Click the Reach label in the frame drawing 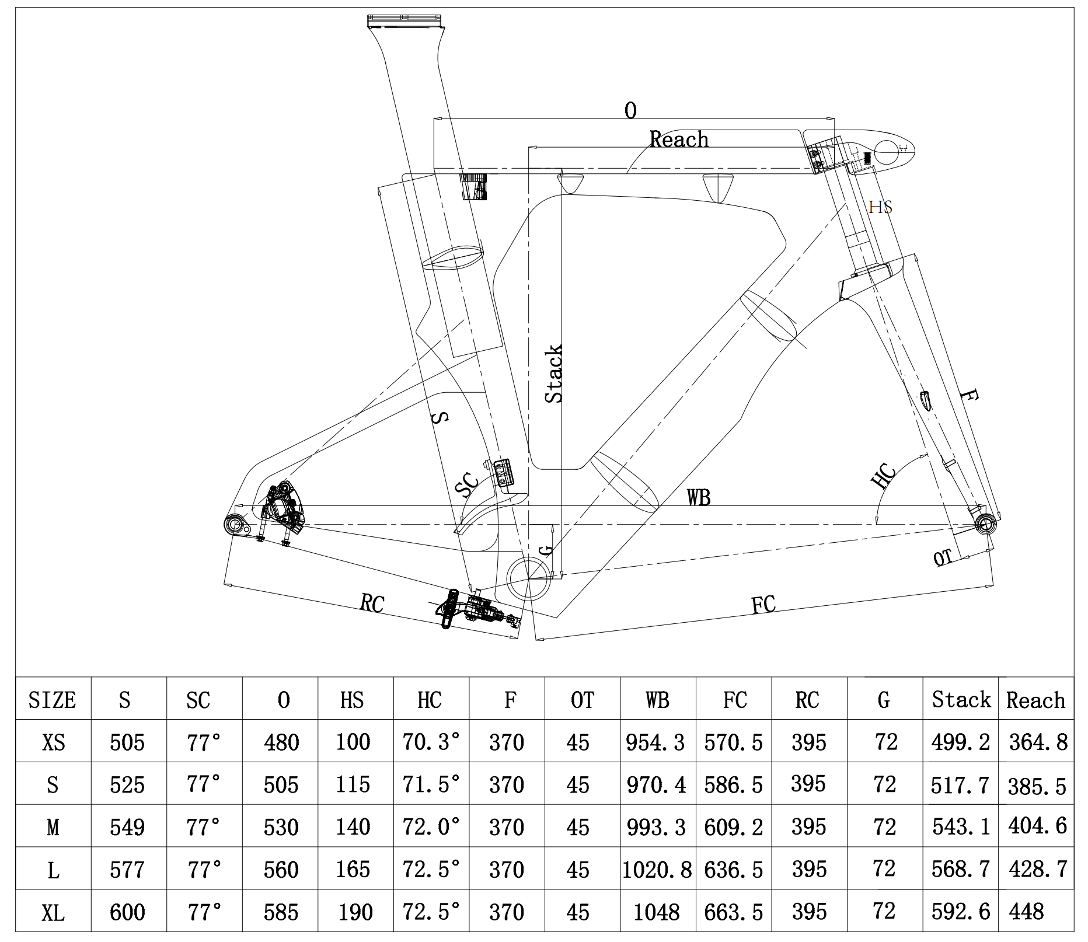coord(679,139)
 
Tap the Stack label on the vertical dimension coord(553,374)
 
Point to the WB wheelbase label coord(699,497)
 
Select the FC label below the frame coord(763,605)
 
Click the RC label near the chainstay coord(372,603)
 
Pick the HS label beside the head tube coord(880,207)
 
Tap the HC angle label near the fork coord(884,475)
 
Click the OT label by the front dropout coord(943,558)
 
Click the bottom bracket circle coord(529,577)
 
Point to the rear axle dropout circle coord(236,524)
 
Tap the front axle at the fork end coord(985,524)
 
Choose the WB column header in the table coord(657,700)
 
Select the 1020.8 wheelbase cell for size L coord(657,870)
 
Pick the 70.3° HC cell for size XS coord(431,742)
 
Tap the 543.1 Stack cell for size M coord(960,826)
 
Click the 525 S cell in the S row coord(127,784)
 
